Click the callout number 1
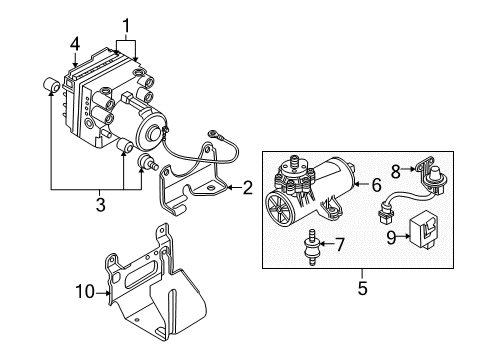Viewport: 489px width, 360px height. click(x=126, y=24)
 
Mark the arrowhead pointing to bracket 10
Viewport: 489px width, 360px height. click(x=103, y=291)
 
